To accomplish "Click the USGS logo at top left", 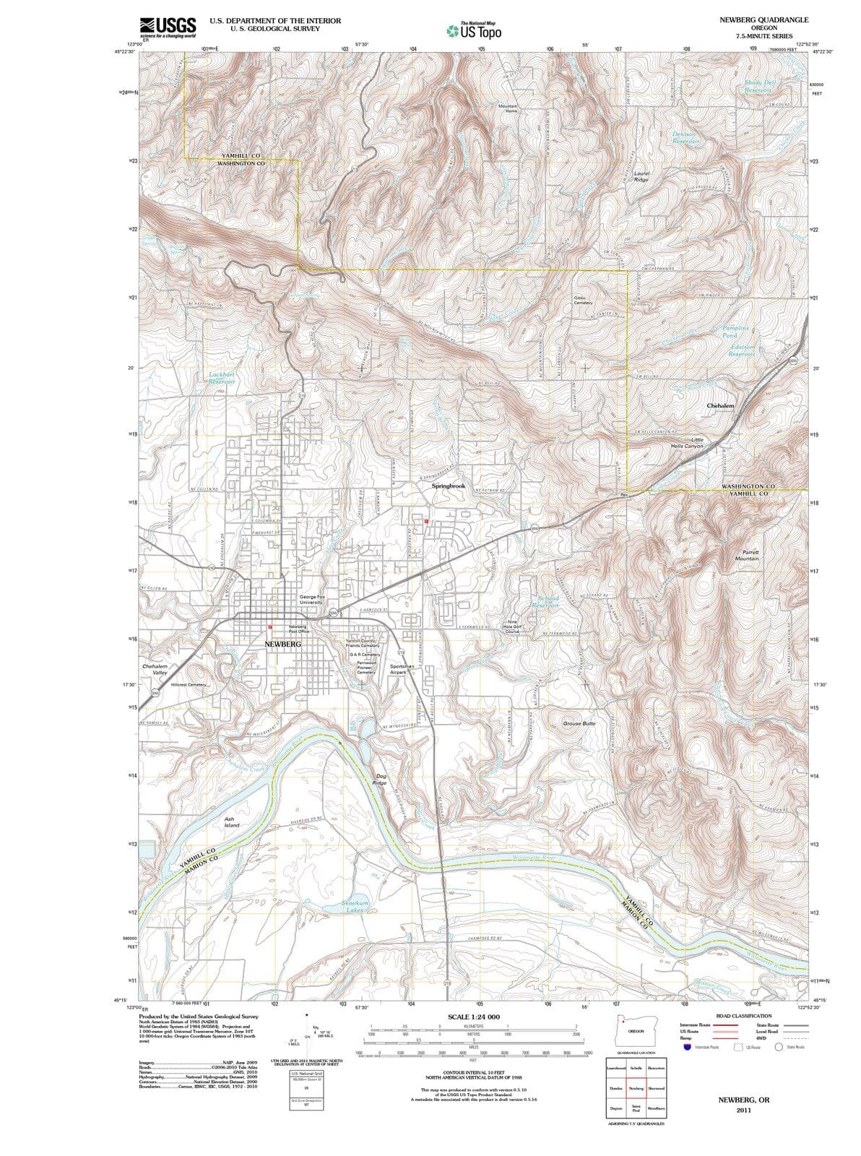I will pos(168,27).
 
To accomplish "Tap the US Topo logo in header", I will pos(474,31).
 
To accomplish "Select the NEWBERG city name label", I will pos(282,643).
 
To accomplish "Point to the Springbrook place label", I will pos(449,486).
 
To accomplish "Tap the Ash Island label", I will pos(231,821).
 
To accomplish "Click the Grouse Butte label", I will pos(579,722).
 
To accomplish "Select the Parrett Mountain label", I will pos(747,555).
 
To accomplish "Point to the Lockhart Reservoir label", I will pos(222,378).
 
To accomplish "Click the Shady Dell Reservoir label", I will pos(760,86).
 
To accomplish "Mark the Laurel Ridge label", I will pos(641,176).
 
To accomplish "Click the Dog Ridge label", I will pos(379,780).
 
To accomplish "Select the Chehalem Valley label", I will pos(155,669).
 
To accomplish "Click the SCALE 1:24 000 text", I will pos(473,1017).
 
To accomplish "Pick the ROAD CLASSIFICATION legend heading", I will pos(743,1016).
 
